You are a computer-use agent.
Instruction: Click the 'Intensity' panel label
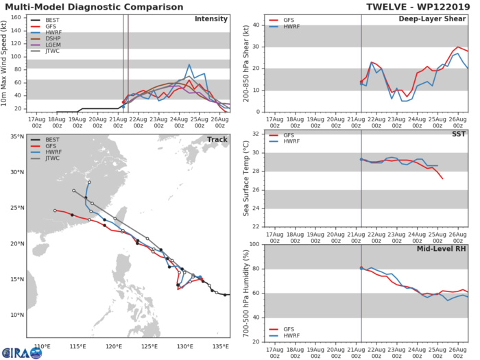(x=212, y=19)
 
